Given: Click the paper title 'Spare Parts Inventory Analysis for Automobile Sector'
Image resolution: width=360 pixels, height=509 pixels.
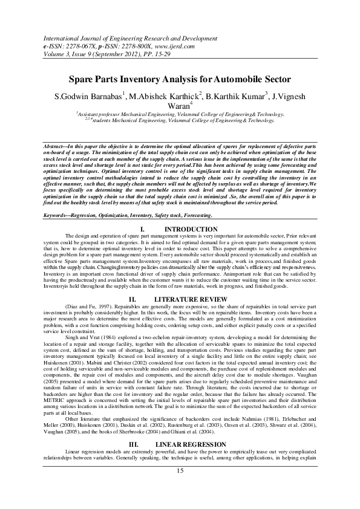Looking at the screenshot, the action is (180, 80).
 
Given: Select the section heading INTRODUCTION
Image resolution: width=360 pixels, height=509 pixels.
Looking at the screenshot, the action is (191, 230).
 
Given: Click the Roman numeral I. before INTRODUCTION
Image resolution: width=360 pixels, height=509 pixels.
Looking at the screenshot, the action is (143, 230).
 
